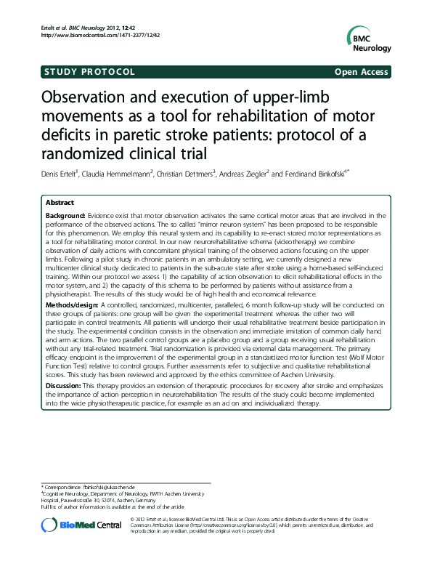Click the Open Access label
[362, 72]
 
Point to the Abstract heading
[60, 203]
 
